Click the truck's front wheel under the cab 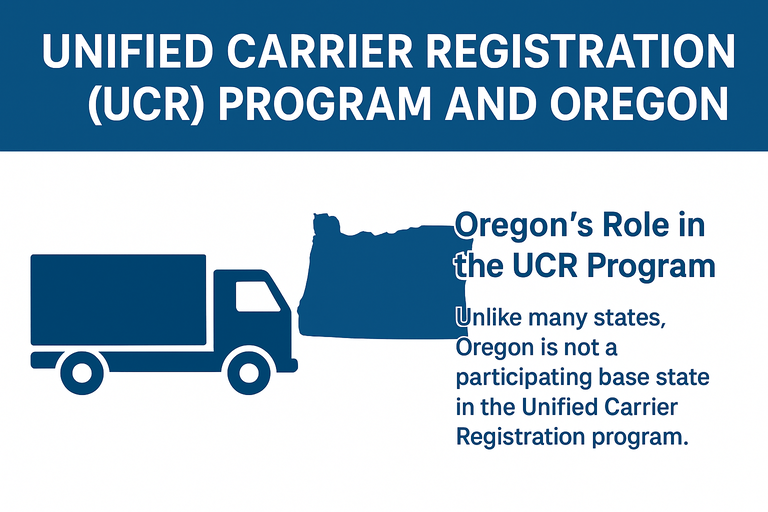(248, 371)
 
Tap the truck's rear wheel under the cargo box (81, 371)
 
